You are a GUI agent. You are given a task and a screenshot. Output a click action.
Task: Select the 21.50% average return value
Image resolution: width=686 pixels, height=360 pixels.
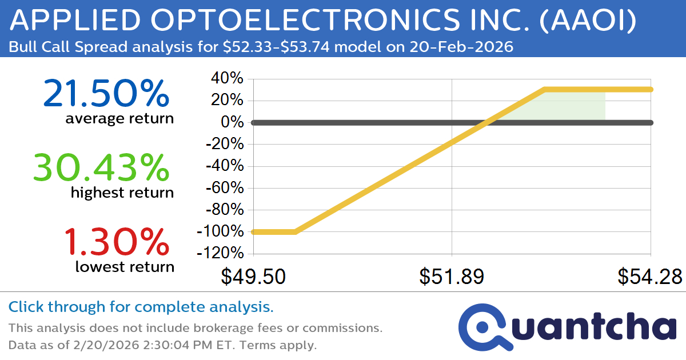(x=106, y=94)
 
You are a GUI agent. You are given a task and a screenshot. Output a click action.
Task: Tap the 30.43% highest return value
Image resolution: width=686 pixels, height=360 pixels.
(x=101, y=168)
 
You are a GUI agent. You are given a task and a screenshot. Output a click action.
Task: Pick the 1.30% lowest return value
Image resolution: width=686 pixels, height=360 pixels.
(x=117, y=241)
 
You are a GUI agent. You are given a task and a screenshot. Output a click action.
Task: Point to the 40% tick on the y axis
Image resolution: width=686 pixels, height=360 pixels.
(x=228, y=79)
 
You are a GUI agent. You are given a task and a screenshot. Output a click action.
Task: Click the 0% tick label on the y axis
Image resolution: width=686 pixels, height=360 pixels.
(x=233, y=123)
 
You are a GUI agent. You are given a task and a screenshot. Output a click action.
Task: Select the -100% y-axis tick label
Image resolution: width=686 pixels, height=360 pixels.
(x=220, y=232)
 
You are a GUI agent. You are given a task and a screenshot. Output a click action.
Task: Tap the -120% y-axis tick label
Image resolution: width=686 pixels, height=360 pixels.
(x=220, y=254)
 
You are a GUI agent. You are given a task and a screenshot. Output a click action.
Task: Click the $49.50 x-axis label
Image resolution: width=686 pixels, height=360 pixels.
(x=253, y=277)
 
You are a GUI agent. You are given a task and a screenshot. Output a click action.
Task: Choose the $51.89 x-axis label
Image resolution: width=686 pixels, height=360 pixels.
(x=452, y=277)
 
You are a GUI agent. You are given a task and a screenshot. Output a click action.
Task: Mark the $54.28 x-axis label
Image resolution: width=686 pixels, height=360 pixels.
(x=649, y=277)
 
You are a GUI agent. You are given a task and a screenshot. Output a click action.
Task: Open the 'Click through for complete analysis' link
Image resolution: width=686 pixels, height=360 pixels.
(x=141, y=307)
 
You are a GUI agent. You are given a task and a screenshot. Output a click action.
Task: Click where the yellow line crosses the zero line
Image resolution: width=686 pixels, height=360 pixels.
(x=485, y=122)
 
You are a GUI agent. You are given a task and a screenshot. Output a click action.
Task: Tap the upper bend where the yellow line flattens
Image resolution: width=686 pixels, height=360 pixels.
(x=545, y=90)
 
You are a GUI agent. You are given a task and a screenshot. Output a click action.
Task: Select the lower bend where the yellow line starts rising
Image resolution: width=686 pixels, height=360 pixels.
(x=295, y=231)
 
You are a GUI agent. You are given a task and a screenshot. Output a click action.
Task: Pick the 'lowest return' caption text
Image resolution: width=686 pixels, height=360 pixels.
(x=125, y=267)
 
